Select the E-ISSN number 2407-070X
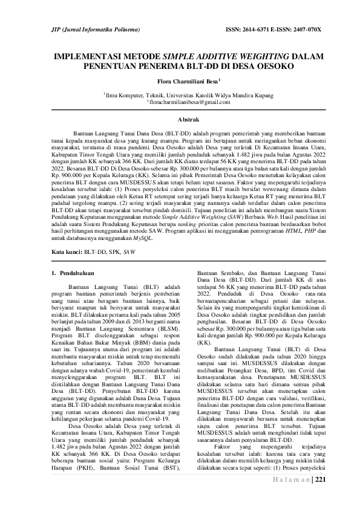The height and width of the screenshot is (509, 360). (306, 30)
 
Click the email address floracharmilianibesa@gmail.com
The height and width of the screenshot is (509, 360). (180, 103)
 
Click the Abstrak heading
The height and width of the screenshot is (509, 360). (180, 121)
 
